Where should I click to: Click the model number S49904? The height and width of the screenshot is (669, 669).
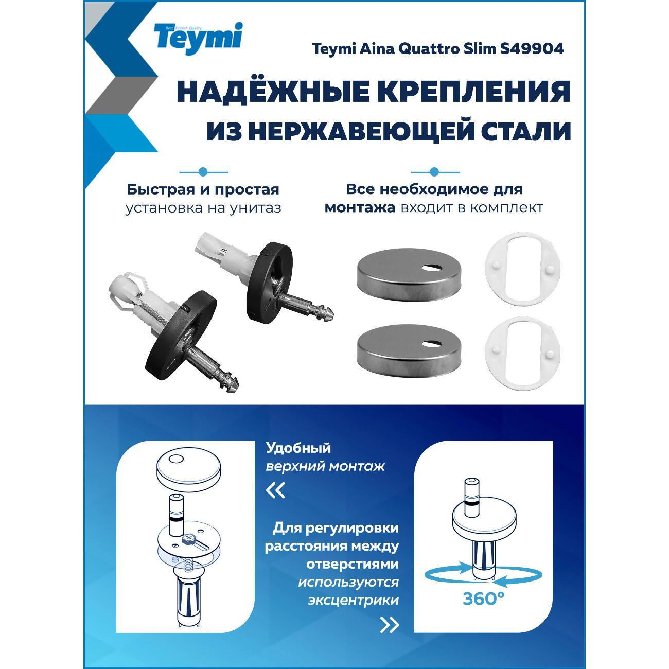[532, 49]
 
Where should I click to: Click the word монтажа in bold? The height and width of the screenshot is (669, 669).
[360, 207]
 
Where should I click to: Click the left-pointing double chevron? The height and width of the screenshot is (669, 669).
[276, 490]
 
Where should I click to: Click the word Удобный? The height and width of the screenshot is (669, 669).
[298, 448]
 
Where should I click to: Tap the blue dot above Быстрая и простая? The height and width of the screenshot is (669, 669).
[203, 171]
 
